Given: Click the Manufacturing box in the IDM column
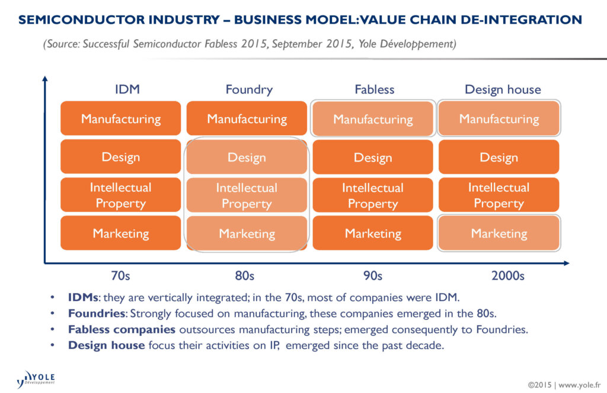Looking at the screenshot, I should tap(121, 118).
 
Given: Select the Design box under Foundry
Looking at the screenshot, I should tap(247, 157).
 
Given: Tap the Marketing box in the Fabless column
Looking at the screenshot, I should tap(373, 233).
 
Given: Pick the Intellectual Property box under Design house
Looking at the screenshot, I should tap(499, 195).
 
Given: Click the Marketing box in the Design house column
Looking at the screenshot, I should tap(499, 233).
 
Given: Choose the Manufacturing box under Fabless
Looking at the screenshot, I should tap(373, 119).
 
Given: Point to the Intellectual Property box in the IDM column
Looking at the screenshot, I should tap(121, 195).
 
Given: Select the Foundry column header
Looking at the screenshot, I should tap(249, 90).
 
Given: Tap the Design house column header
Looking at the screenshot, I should tap(503, 90).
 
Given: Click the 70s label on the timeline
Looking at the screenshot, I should tap(121, 276).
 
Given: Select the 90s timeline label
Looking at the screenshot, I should tap(372, 276).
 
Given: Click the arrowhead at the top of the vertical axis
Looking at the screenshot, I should tap(45, 79).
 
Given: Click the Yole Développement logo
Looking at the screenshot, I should tap(37, 378).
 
